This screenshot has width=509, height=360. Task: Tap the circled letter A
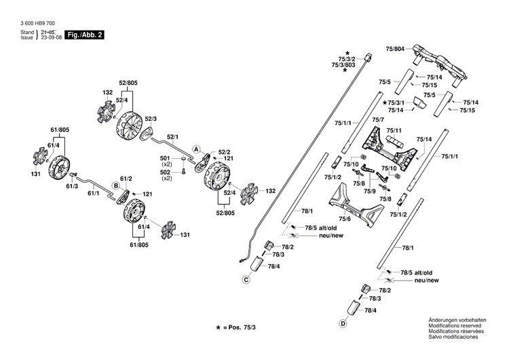pyautogui.click(x=195, y=149)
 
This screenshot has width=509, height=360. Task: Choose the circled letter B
pyautogui.click(x=115, y=185)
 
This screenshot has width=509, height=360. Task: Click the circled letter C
pyautogui.click(x=246, y=279)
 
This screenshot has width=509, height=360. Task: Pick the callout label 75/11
pyautogui.click(x=394, y=130)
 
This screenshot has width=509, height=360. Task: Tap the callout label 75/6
pyautogui.click(x=345, y=219)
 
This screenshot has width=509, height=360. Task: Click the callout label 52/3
pyautogui.click(x=150, y=120)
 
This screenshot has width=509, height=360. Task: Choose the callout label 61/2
pyautogui.click(x=126, y=178)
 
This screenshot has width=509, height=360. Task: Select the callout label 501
pyautogui.click(x=167, y=158)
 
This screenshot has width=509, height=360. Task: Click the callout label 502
pyautogui.click(x=167, y=173)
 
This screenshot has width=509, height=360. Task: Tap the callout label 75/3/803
pyautogui.click(x=343, y=65)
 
